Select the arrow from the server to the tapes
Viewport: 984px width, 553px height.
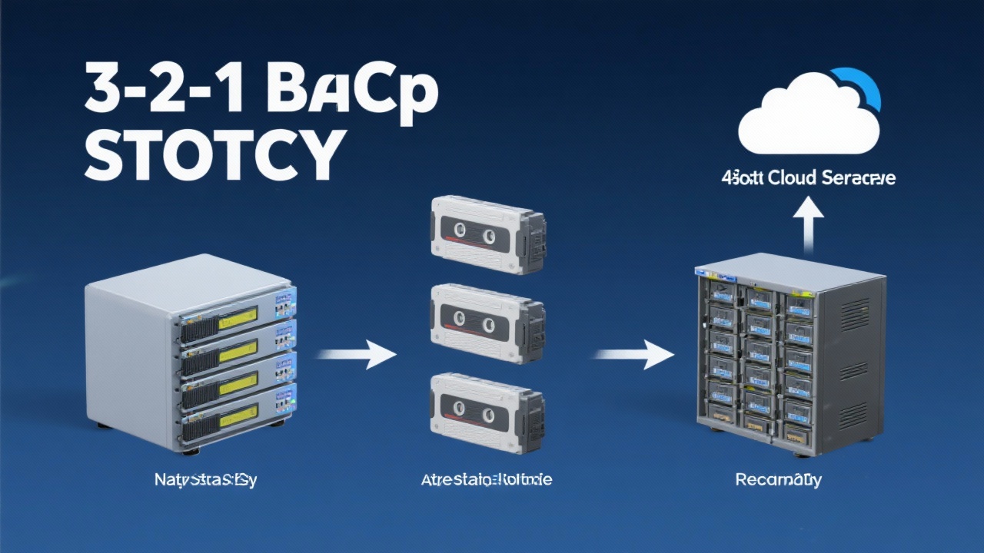coord(356,354)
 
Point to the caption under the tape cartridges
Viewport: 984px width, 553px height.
coord(487,481)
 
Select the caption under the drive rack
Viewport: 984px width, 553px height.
coord(778,481)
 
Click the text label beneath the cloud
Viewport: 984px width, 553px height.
coord(809,178)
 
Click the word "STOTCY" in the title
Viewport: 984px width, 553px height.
coord(211,154)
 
